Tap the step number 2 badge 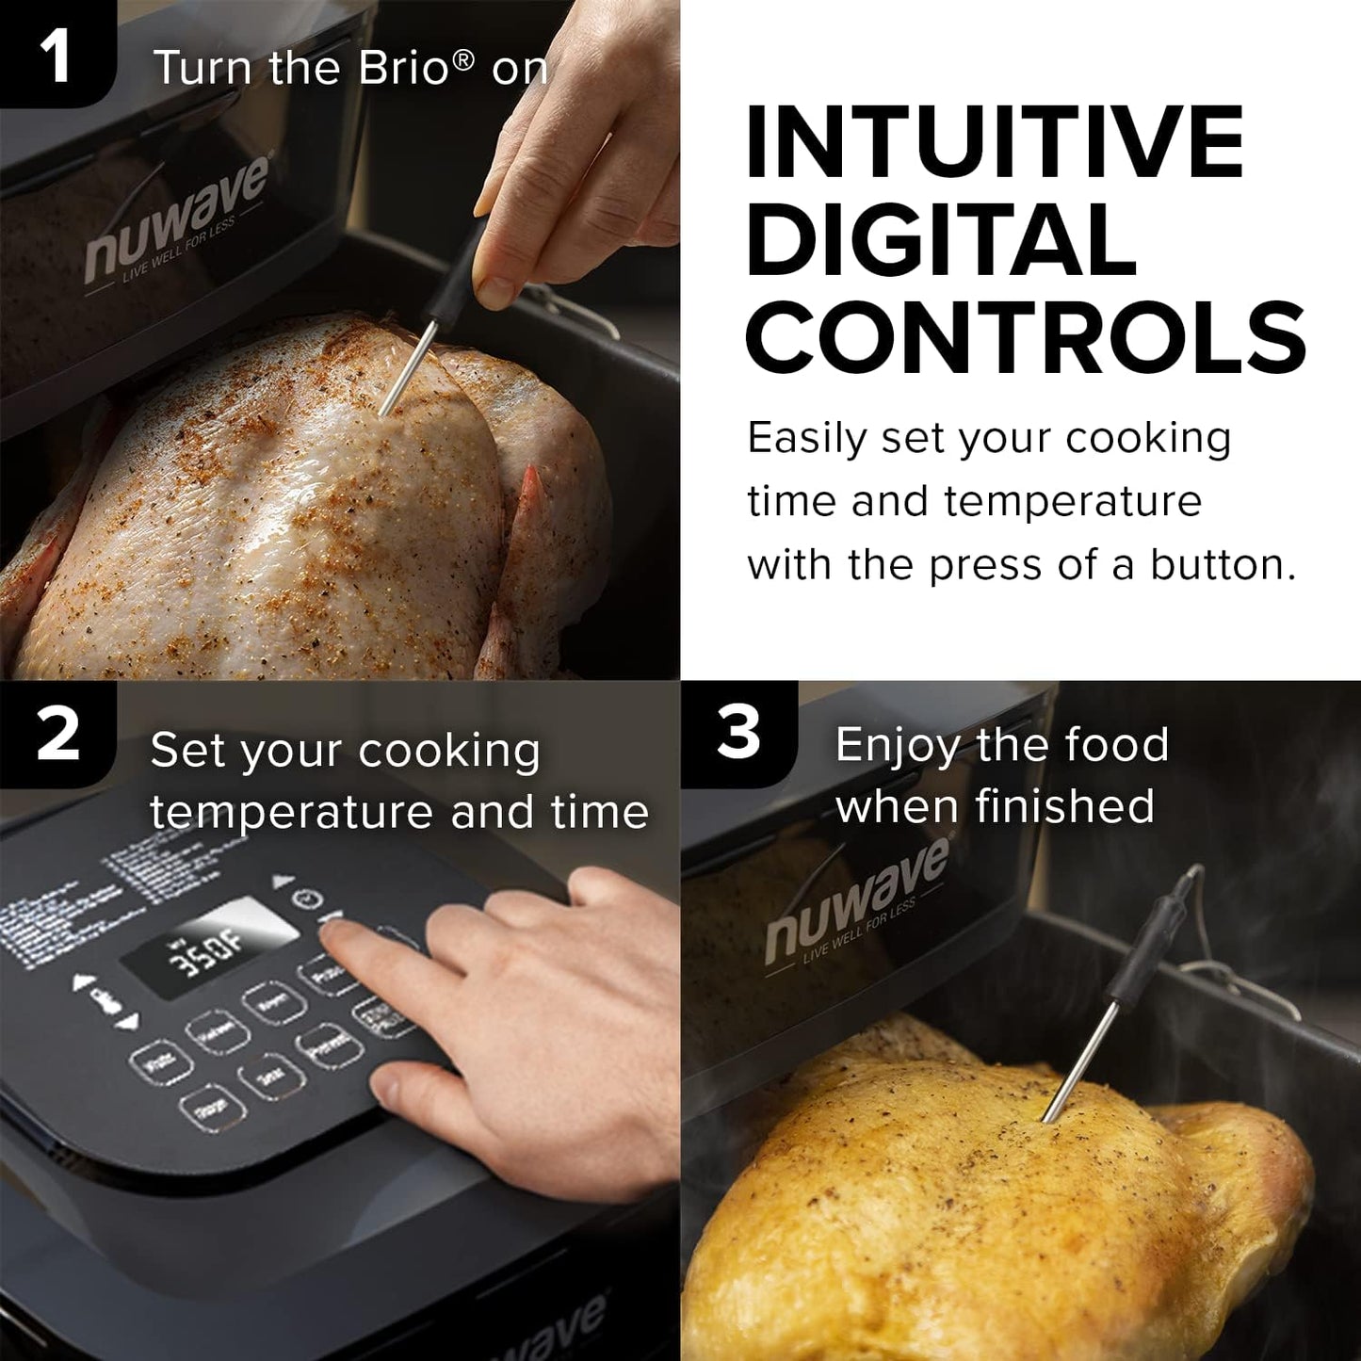(57, 735)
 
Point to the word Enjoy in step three (897, 745)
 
